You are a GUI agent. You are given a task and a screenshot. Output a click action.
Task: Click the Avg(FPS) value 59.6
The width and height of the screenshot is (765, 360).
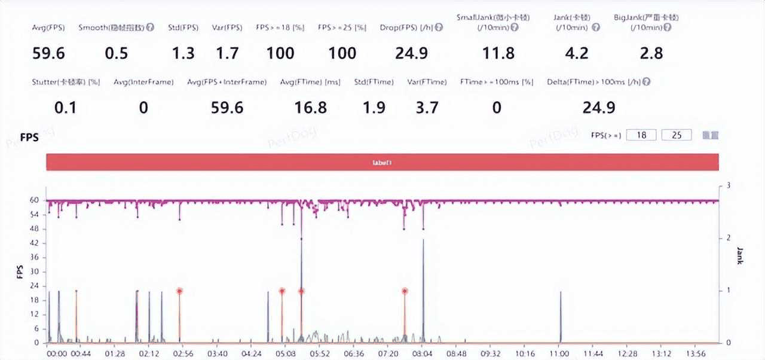click(48, 53)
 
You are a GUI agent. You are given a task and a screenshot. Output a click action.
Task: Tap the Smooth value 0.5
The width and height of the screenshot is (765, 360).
click(117, 53)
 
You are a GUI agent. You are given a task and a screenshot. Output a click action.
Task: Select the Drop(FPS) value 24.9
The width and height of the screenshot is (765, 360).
click(411, 53)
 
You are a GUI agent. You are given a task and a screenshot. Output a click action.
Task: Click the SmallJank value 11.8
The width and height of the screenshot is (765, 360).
click(498, 53)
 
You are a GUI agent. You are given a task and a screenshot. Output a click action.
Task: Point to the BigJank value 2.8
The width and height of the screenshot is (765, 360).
click(651, 53)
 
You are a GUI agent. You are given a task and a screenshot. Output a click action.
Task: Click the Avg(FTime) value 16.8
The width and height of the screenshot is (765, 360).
click(311, 108)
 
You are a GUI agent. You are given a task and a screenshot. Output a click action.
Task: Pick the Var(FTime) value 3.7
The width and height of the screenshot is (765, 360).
click(427, 108)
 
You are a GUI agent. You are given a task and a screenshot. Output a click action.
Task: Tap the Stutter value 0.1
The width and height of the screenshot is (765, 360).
click(66, 108)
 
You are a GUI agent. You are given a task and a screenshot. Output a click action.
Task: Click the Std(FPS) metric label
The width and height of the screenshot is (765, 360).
click(182, 28)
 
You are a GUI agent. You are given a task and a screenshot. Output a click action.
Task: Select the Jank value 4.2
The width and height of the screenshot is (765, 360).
click(577, 53)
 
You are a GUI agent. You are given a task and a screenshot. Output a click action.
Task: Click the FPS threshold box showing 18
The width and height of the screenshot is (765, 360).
click(642, 135)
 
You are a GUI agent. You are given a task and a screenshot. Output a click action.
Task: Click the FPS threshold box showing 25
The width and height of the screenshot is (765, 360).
click(677, 135)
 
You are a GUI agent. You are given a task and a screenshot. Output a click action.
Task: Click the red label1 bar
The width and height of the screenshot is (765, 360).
click(382, 162)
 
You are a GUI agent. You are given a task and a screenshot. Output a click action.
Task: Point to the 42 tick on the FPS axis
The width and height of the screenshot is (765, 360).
click(35, 243)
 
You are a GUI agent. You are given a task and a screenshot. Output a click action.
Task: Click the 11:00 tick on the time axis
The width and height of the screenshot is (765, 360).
click(560, 353)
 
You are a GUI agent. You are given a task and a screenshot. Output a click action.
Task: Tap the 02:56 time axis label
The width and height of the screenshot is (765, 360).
click(179, 353)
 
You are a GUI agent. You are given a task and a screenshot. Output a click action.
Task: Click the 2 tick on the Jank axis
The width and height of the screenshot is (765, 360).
click(727, 238)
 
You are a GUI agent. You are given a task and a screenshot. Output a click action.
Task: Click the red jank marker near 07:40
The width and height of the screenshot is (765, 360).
click(405, 291)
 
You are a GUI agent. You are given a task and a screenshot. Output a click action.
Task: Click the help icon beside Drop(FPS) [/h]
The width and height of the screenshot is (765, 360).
click(440, 28)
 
